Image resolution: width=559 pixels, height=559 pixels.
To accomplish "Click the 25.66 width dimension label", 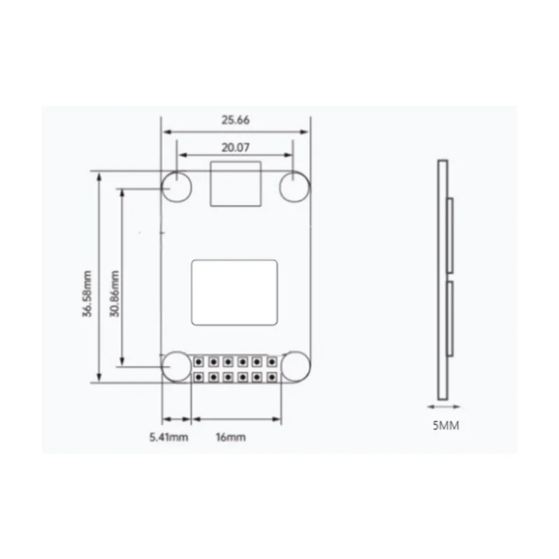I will [236, 120].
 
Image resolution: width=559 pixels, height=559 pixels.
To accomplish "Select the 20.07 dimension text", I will [235, 148].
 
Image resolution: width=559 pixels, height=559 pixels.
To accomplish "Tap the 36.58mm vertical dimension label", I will [87, 293].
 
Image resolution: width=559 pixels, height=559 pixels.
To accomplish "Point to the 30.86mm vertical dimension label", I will [115, 293].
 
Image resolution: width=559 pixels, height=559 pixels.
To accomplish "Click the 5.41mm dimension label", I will [168, 437].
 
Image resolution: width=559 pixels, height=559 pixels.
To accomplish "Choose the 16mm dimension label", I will [231, 437].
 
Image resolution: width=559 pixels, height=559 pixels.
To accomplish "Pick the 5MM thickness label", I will [446, 424].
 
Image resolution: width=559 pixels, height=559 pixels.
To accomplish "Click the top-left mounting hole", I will [177, 187].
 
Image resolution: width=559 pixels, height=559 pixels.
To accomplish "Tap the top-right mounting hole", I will [294, 187].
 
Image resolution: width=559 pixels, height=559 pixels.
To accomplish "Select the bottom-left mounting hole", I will [177, 365].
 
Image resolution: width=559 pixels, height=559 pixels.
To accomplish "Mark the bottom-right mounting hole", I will [294, 365].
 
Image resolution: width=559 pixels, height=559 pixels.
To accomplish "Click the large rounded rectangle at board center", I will [235, 292].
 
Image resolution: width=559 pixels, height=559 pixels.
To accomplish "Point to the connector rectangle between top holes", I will [236, 184].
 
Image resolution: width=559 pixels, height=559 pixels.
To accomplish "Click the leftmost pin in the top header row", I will [199, 362].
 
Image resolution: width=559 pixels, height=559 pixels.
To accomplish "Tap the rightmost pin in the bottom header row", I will [270, 377].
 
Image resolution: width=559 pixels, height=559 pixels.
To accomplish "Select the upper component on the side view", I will [451, 234].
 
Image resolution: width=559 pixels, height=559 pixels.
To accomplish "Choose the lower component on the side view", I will [451, 318].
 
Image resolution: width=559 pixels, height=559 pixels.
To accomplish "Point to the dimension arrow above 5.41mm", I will [177, 419].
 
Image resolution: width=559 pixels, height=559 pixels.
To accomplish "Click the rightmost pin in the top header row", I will [270, 362].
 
